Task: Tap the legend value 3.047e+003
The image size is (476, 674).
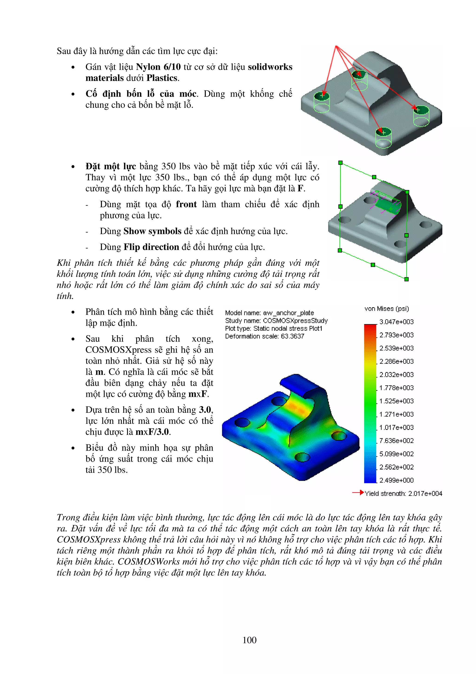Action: (x=396, y=322)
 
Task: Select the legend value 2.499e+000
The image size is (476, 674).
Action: (x=396, y=480)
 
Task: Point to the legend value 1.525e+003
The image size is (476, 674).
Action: (x=396, y=401)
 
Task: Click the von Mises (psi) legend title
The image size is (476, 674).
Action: (x=386, y=309)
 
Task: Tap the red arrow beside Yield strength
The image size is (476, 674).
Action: (x=358, y=492)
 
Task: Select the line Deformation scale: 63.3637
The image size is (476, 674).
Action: (x=264, y=336)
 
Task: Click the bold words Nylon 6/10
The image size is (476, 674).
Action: (x=158, y=67)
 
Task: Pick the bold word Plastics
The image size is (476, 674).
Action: (x=162, y=78)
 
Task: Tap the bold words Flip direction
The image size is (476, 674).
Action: (x=151, y=247)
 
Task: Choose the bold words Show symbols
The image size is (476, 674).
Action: (x=152, y=231)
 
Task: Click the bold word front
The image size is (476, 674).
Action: (x=186, y=204)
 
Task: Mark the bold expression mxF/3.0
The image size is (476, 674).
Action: (x=152, y=432)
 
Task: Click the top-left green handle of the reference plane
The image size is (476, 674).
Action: (x=340, y=162)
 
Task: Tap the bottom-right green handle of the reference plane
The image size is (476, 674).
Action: (x=407, y=279)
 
